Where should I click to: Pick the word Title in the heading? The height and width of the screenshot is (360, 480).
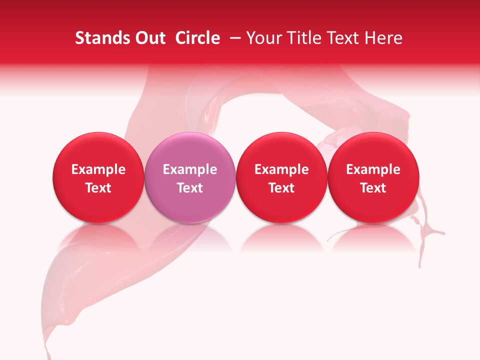click(x=303, y=38)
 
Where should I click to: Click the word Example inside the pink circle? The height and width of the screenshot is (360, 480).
click(x=190, y=169)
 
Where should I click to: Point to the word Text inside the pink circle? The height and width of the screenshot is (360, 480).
click(x=190, y=188)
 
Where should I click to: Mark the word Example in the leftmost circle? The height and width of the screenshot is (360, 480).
click(x=98, y=169)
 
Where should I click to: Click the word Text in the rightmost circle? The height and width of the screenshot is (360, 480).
click(x=373, y=188)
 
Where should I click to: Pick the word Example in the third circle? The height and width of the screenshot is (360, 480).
click(x=281, y=169)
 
